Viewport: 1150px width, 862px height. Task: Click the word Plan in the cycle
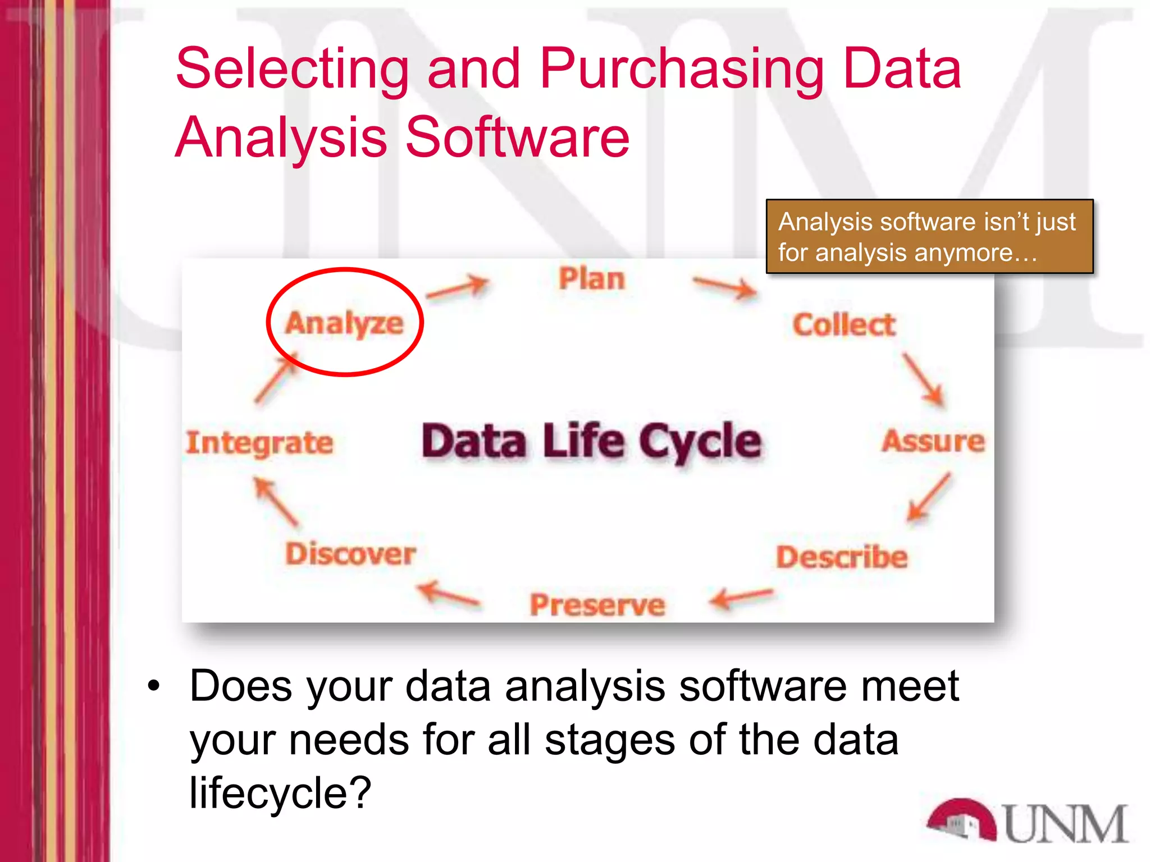592,279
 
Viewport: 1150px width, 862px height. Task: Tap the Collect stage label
844,325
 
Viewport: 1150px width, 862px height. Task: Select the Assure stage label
933,441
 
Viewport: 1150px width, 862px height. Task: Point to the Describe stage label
842,557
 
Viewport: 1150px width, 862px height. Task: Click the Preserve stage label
597,605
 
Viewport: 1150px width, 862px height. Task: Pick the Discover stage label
350,554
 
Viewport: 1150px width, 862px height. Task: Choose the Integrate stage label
259,443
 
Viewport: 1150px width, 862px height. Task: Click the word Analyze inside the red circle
344,323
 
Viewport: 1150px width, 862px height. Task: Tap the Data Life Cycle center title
591,441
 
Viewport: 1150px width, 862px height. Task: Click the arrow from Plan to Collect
724,287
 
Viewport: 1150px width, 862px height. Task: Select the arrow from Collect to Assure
924,379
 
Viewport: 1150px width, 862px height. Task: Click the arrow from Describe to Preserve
741,598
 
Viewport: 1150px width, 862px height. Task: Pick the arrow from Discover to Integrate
276,502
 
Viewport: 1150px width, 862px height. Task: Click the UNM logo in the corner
1026,822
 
